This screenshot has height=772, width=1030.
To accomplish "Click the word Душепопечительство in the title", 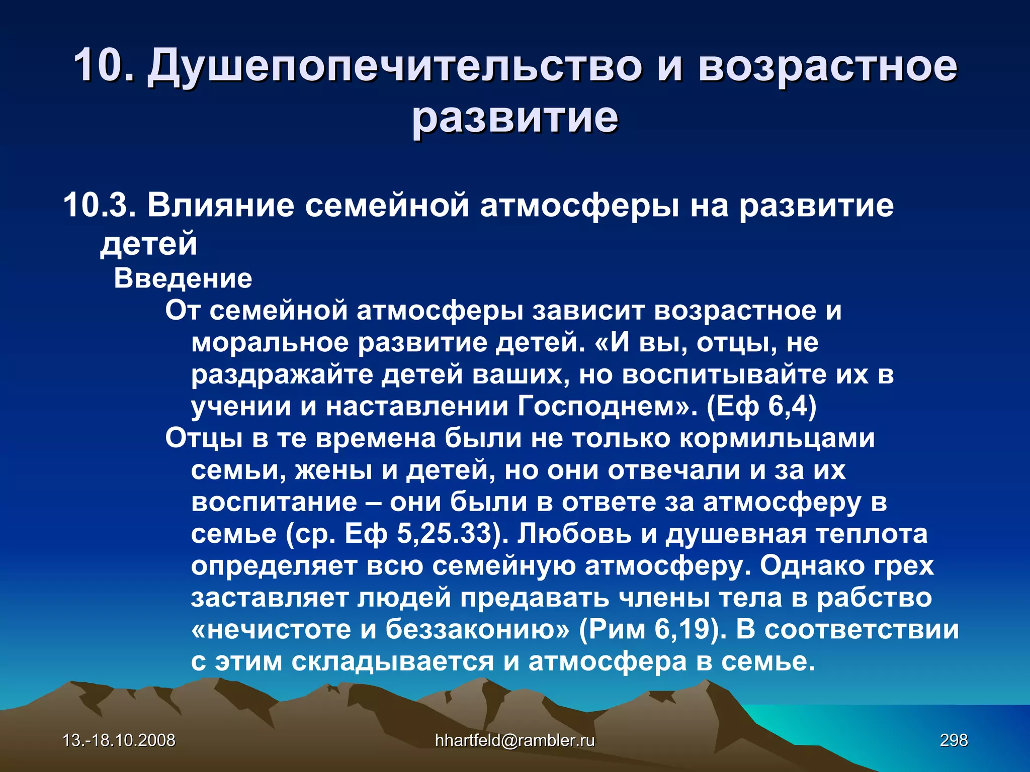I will coord(394,66).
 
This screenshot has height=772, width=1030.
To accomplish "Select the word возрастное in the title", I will coord(827,66).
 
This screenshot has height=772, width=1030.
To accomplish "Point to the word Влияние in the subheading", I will coord(220,205).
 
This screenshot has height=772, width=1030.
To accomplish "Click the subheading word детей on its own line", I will coord(148,243).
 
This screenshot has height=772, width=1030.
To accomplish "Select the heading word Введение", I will coord(183,278).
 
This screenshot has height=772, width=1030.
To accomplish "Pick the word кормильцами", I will coord(777,438).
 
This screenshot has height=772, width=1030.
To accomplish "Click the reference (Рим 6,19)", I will coord(652,629).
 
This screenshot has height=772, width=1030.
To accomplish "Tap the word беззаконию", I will coord(478,629).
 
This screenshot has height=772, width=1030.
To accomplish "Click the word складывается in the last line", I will coord(393,661).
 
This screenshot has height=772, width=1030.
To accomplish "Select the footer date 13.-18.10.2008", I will coord(119,740).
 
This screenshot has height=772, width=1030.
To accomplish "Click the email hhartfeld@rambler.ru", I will coord(514,740).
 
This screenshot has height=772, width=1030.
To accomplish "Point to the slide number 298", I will coord(954,740).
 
